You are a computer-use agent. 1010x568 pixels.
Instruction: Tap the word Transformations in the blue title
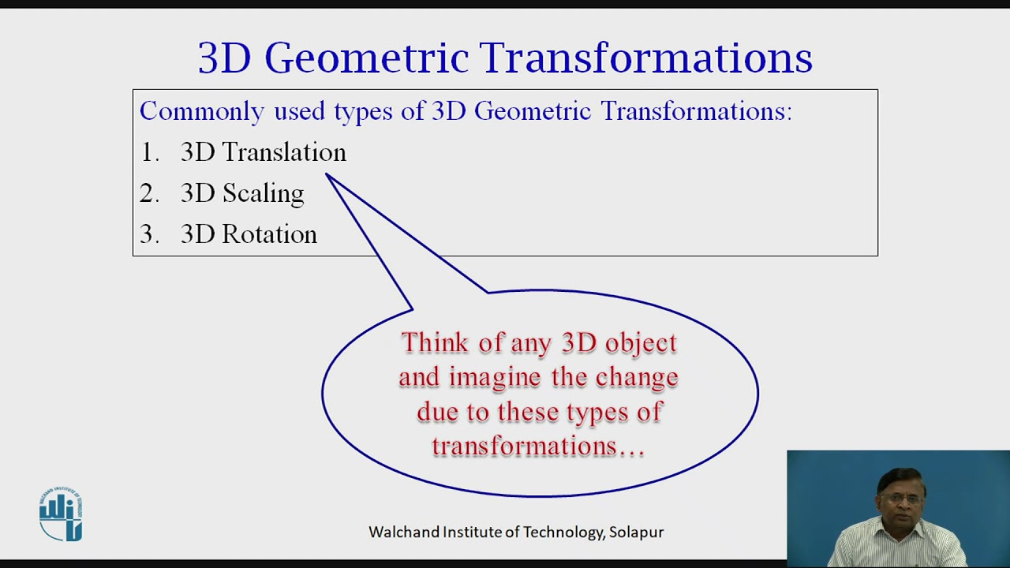(x=645, y=58)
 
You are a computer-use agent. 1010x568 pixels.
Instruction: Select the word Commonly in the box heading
(x=201, y=111)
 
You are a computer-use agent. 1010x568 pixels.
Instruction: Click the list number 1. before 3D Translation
(x=149, y=152)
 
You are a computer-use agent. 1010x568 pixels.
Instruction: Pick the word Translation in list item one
(x=284, y=152)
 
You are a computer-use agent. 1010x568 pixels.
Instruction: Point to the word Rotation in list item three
(x=269, y=234)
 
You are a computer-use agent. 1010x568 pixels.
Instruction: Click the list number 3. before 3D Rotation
(x=149, y=234)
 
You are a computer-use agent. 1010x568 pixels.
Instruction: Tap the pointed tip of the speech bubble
(x=327, y=175)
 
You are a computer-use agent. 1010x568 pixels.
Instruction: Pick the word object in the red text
(x=641, y=342)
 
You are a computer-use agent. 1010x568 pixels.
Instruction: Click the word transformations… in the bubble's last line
(x=538, y=447)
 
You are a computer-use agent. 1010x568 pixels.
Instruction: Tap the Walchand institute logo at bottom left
(x=61, y=514)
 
